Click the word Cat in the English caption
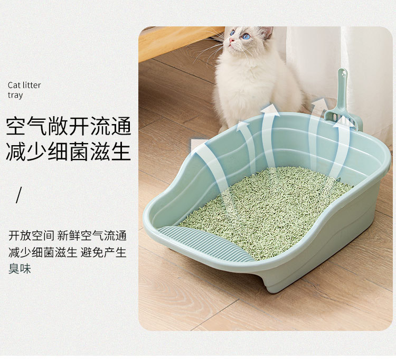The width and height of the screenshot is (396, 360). pyautogui.click(x=14, y=85)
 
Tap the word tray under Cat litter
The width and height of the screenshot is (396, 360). pyautogui.click(x=15, y=96)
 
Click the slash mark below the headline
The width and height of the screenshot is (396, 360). pyautogui.click(x=19, y=195)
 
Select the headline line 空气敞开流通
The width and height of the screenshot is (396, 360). pyautogui.click(x=68, y=126)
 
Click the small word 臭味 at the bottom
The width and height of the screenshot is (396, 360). pyautogui.click(x=20, y=269)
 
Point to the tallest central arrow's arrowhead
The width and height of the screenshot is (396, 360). pyautogui.click(x=270, y=109)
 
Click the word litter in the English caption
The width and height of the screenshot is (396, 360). pyautogui.click(x=32, y=85)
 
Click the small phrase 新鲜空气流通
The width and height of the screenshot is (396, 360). pyautogui.click(x=92, y=235)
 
